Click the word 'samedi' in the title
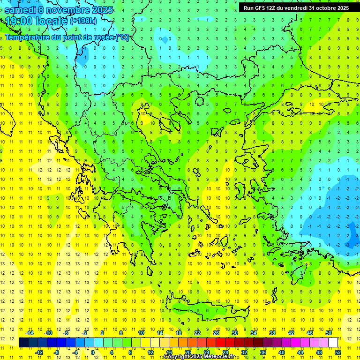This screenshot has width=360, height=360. tap(22, 9)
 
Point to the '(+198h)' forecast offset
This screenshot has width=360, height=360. tap(83, 21)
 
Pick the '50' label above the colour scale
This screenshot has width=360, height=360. tap(328, 333)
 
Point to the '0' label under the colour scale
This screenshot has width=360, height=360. tap(92, 352)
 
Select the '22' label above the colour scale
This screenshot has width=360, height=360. tap(197, 333)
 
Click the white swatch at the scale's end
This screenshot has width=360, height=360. tap(333, 343)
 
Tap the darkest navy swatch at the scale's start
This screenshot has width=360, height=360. tap(23, 343)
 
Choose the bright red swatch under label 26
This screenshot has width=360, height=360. tap(220, 343)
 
